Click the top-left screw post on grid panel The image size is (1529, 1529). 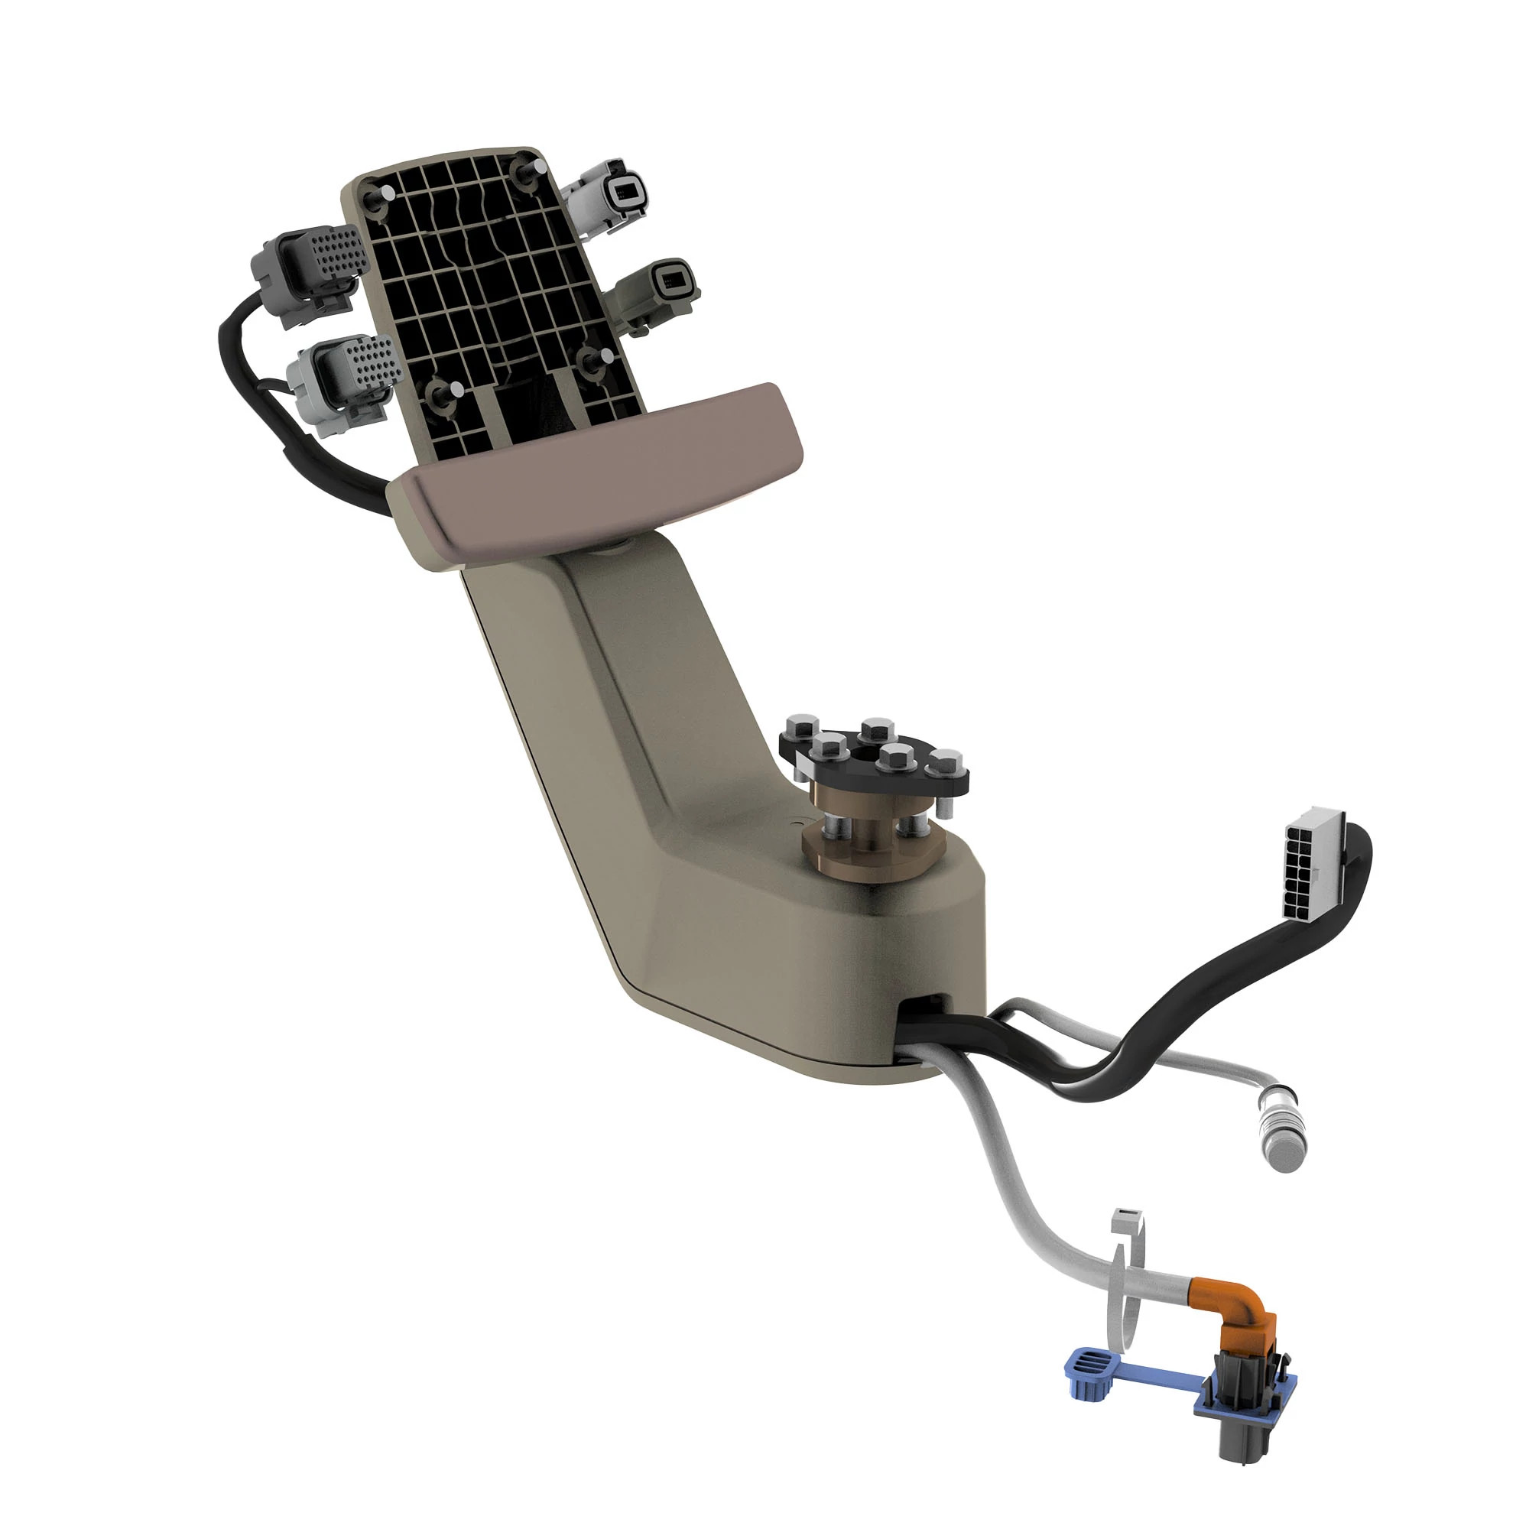385,193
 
